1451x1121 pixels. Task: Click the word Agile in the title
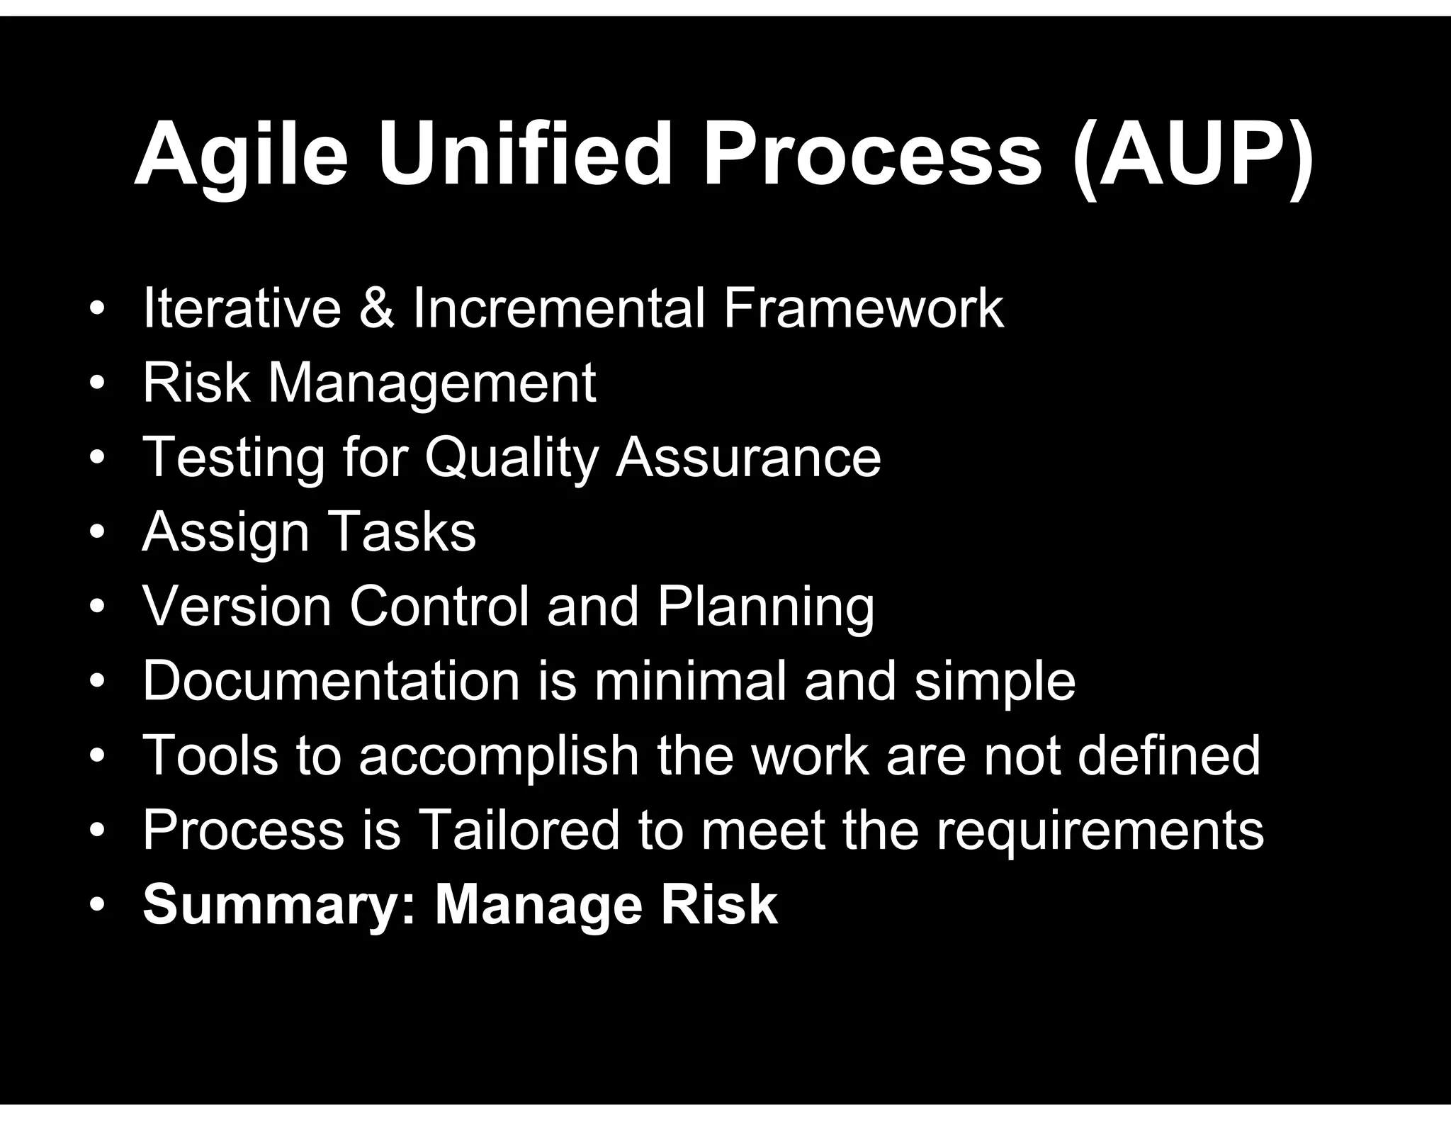click(x=241, y=156)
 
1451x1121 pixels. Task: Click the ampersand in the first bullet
click(x=376, y=309)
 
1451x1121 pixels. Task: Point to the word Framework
click(x=863, y=309)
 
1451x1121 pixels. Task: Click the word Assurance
click(x=748, y=458)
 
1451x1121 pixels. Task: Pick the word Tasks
click(x=402, y=532)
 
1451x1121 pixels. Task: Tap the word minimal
click(x=690, y=681)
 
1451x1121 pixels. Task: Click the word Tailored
click(x=519, y=830)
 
